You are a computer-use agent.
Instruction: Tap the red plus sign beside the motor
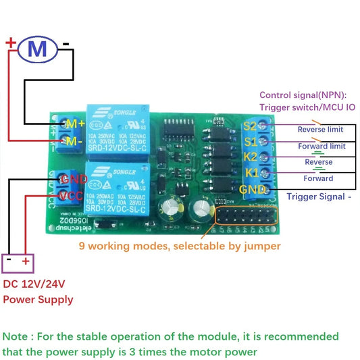click(x=11, y=43)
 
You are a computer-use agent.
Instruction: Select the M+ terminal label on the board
click(x=74, y=124)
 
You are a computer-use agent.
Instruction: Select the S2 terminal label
click(x=249, y=126)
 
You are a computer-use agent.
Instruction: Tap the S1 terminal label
click(x=249, y=142)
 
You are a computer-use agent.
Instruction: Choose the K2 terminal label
click(x=249, y=158)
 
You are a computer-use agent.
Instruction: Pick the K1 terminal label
click(x=249, y=174)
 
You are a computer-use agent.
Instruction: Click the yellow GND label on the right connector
click(x=253, y=190)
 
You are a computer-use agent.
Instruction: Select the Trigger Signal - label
click(x=319, y=197)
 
